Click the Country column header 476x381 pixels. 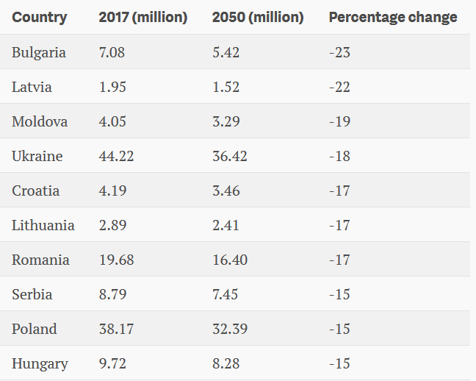click(40, 18)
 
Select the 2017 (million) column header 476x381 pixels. click(143, 18)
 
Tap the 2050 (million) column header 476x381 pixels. click(258, 18)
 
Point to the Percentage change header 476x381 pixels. click(393, 18)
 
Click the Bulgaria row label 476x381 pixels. click(38, 53)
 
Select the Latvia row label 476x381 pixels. click(32, 87)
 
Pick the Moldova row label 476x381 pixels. click(40, 121)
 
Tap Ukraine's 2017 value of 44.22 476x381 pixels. click(116, 156)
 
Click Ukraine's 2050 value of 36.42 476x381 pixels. click(230, 156)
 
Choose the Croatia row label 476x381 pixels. click(35, 190)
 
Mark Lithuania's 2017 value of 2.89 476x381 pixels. click(112, 225)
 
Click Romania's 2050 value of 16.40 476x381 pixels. click(230, 260)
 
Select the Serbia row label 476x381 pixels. click(32, 294)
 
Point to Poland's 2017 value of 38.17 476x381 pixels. click(116, 329)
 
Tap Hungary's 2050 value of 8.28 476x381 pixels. click(226, 363)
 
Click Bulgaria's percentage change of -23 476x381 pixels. click(339, 53)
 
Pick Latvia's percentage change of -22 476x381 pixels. click(339, 87)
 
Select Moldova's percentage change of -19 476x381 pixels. click(339, 121)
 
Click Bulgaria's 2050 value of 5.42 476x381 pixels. click(226, 53)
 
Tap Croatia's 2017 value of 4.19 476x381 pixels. click(112, 190)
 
